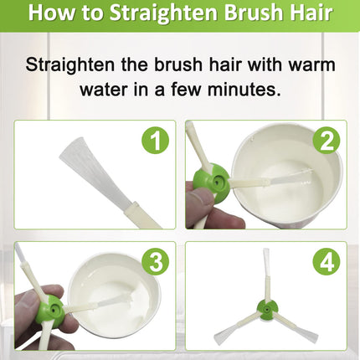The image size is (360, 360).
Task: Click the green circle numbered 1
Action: pos(156,141)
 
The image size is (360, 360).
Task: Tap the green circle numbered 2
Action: pos(327,141)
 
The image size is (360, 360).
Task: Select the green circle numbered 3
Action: pos(156,262)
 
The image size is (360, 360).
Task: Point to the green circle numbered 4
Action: pos(327,262)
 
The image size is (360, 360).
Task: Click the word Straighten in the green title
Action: pos(163,13)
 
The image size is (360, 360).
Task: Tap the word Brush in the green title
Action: pos(252,13)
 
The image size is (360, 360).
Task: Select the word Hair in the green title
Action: pos(310,13)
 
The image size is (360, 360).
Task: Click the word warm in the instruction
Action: pos(311,64)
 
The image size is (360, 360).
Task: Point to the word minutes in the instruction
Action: pos(244,90)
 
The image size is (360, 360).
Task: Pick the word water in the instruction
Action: pos(105,90)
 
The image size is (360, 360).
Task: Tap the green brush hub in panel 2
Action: pos(213,182)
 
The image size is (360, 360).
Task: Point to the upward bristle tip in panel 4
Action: pos(266,249)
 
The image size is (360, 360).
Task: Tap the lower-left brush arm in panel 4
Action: pos(237,327)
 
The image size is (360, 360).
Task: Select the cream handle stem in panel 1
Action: pos(142,215)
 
